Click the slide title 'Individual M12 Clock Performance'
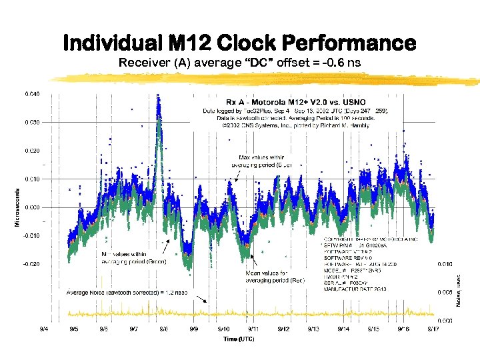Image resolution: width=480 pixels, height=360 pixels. [239, 43]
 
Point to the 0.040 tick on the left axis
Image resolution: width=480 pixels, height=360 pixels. [32, 94]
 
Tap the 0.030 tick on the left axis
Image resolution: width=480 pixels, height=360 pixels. [32, 123]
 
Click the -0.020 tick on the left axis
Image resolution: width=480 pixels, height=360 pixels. [31, 264]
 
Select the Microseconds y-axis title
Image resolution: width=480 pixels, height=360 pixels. [17, 206]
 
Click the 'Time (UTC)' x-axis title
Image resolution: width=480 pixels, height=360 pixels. [239, 339]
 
